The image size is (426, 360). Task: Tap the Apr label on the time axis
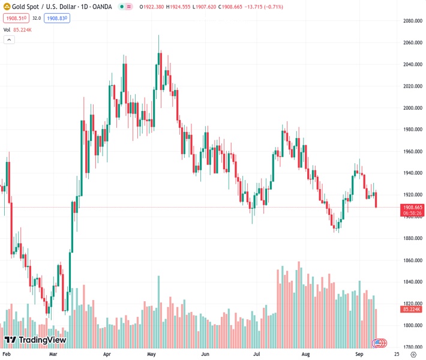tap(107, 355)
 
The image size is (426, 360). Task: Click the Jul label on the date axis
tap(257, 355)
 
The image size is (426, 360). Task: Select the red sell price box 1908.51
tap(14, 19)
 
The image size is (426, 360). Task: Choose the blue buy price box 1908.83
tap(58, 19)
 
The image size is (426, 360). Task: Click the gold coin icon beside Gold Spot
tap(6, 7)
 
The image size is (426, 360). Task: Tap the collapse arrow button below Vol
tap(9, 40)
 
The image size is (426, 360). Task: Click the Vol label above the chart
tap(7, 29)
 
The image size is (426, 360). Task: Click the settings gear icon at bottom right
tap(413, 355)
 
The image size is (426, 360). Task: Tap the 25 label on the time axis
tap(397, 355)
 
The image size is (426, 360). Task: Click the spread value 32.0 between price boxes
tap(36, 19)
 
